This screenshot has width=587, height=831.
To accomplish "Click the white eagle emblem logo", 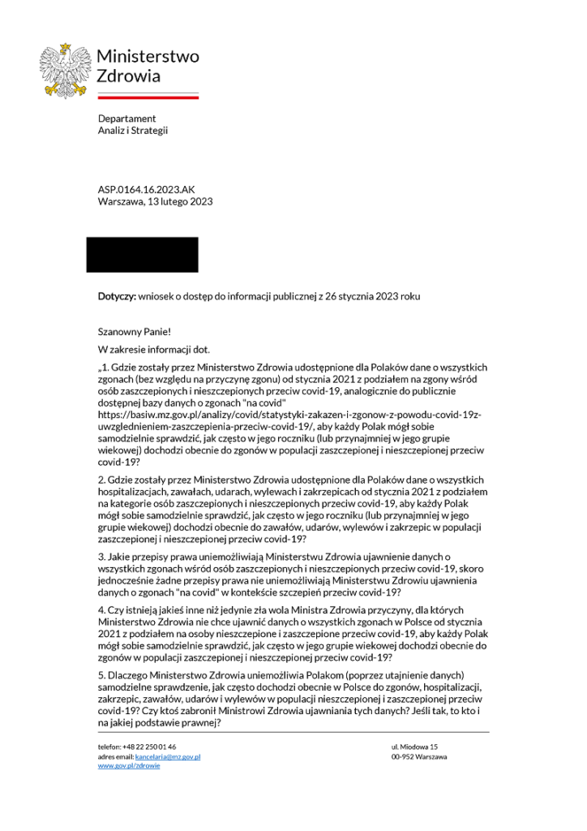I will [66, 70].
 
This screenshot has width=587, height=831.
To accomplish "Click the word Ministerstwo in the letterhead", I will [148, 57].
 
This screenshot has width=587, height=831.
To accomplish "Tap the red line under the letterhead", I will [148, 97].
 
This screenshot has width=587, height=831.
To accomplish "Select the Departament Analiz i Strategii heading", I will [133, 124].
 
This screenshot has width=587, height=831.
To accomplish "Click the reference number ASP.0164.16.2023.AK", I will [147, 189].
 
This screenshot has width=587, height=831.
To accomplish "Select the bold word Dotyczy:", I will [117, 297].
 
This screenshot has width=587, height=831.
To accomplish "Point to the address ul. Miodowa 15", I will [414, 746].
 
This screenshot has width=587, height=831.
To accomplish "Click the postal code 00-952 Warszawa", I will [419, 756].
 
